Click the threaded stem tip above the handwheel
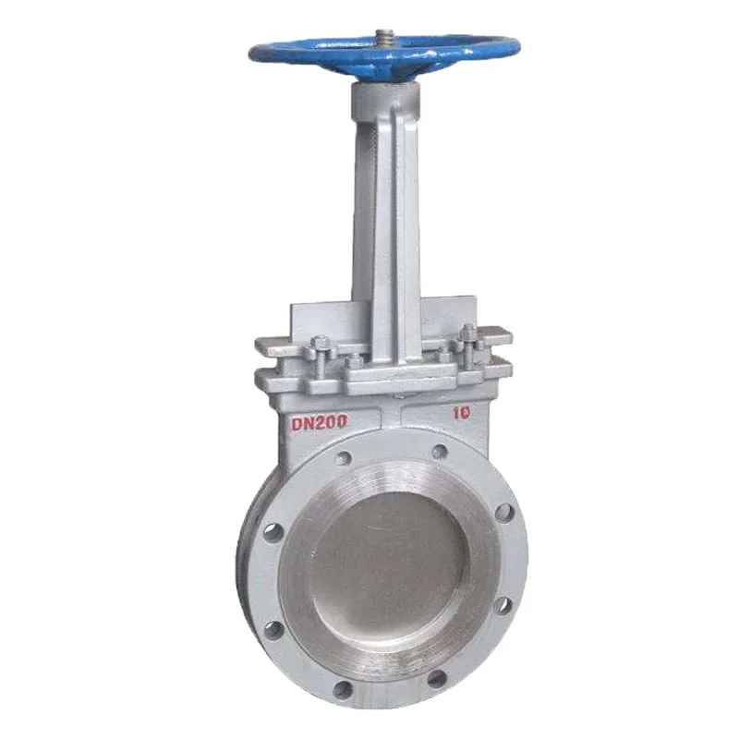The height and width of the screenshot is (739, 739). [382, 38]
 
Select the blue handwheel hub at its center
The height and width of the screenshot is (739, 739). [382, 52]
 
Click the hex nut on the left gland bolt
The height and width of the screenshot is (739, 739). [321, 345]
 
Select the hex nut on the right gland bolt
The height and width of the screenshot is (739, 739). [467, 333]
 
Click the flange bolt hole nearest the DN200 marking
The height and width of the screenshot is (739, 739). [344, 456]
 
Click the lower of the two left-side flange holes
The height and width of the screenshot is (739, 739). [273, 630]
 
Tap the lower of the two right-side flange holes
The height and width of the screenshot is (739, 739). [503, 605]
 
